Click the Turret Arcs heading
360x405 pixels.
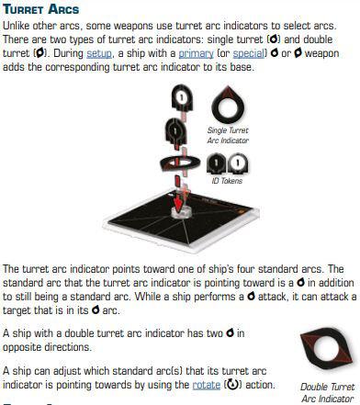pyautogui.click(x=41, y=9)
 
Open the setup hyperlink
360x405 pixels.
pyautogui.click(x=99, y=53)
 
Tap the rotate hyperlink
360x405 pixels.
pyautogui.click(x=207, y=385)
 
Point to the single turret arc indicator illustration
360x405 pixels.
pyautogui.click(x=228, y=105)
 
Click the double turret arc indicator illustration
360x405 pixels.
pyautogui.click(x=326, y=348)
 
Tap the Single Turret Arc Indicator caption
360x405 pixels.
pyautogui.click(x=228, y=135)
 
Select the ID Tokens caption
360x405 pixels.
pyautogui.click(x=227, y=181)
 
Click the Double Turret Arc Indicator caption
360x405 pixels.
pyautogui.click(x=327, y=393)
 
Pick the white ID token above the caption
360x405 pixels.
pyautogui.click(x=238, y=163)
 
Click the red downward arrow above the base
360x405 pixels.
pyautogui.click(x=179, y=203)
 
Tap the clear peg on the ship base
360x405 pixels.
pyautogui.click(x=182, y=212)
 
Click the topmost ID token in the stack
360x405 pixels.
pyautogui.click(x=182, y=98)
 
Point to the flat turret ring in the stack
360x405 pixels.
pyautogui.click(x=180, y=163)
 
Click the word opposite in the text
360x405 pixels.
pyautogui.click(x=22, y=347)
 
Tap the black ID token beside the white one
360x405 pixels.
pyautogui.click(x=217, y=163)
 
